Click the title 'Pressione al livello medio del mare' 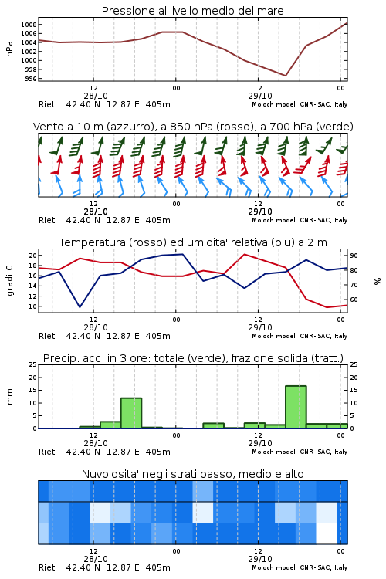pos(192,11)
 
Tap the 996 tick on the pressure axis pos(31,79)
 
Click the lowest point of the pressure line pos(286,76)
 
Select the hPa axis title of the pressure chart pos(9,49)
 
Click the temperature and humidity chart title pos(193,242)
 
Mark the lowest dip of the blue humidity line pos(80,306)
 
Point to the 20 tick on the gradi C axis pos(33,256)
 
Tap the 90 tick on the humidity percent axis pos(354,256)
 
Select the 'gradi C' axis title pos(9,281)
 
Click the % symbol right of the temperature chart pos(378,281)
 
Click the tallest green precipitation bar pos(296,407)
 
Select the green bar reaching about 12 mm pos(131,413)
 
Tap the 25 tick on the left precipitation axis pos(33,364)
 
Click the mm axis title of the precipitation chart pos(9,397)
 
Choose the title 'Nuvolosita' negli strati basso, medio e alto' pos(193,474)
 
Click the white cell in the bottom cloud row pos(327,533)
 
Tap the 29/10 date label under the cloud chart pos(260,559)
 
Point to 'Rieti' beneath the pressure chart pos(48,104)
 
